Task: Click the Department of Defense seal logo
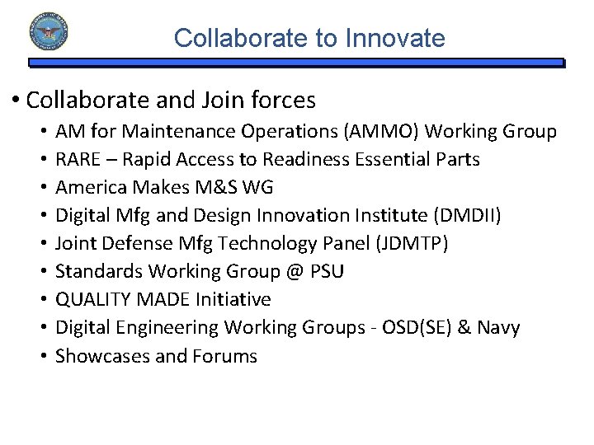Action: coord(49,32)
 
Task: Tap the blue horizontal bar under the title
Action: coord(297,62)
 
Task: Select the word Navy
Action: coord(498,327)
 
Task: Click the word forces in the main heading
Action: coord(280,101)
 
